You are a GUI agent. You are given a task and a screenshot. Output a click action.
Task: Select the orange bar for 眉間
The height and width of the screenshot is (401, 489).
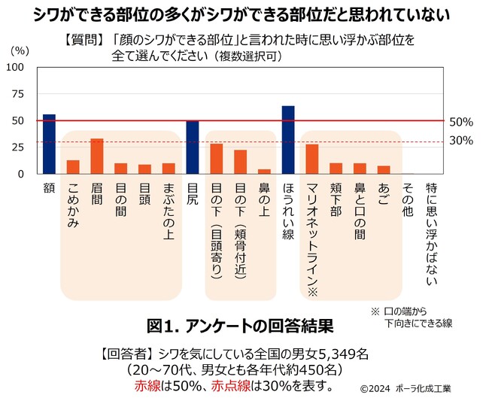(97, 156)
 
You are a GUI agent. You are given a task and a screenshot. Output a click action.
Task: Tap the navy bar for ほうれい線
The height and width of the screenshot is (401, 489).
(288, 139)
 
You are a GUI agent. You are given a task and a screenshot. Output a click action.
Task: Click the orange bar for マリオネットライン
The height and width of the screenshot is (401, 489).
(312, 159)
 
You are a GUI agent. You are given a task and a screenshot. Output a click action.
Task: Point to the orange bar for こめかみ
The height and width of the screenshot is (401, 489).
(73, 166)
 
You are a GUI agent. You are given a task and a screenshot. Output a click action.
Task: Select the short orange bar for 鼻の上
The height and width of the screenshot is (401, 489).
(264, 171)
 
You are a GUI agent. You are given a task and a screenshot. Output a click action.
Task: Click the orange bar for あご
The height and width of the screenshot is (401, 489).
(384, 169)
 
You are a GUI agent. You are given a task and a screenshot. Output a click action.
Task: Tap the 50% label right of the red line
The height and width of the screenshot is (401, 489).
(460, 121)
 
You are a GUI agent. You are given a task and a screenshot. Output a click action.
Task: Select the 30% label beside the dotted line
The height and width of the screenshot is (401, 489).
(460, 141)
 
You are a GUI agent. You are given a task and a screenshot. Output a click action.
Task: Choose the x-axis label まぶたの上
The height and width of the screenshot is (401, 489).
(169, 210)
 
